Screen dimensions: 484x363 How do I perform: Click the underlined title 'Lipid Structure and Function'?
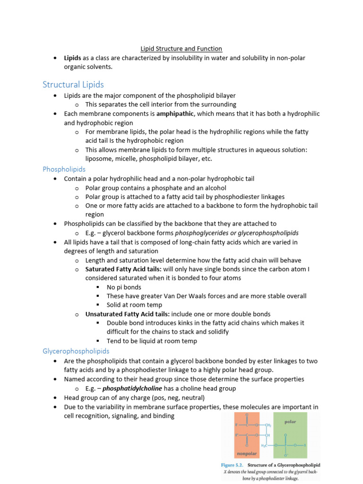[x=181, y=49]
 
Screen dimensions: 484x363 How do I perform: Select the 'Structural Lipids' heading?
[x=73, y=85]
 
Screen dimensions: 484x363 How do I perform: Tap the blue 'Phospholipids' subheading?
[x=64, y=169]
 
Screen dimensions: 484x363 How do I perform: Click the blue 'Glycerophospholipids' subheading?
[x=76, y=351]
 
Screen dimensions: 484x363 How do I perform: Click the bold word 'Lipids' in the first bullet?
[x=73, y=58]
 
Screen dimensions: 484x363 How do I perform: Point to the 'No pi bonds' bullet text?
[x=124, y=287]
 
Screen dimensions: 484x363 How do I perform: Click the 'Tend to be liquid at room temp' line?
[x=152, y=341]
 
